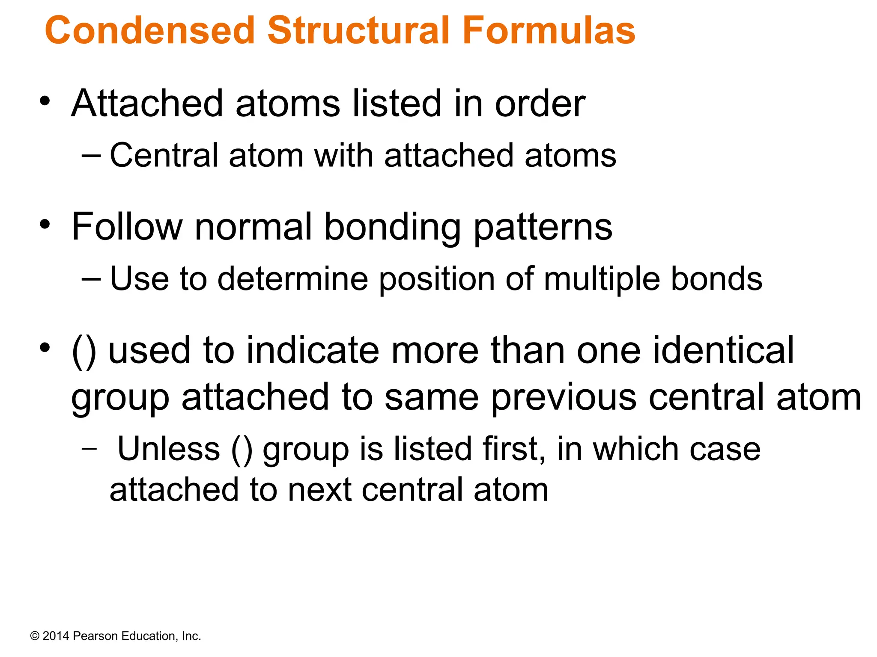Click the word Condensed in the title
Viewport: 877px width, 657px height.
150,31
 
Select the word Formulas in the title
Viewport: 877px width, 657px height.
549,31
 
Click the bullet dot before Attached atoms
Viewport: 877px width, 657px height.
45,102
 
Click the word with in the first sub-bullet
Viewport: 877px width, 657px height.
344,155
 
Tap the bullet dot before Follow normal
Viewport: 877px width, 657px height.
45,225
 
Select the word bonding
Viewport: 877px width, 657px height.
392,228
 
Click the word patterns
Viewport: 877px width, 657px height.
543,228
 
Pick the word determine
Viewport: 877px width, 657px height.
293,279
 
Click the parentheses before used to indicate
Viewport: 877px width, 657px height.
84,352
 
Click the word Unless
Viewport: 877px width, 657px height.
169,449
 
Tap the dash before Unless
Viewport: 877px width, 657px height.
89,449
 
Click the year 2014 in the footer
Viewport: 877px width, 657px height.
56,636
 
